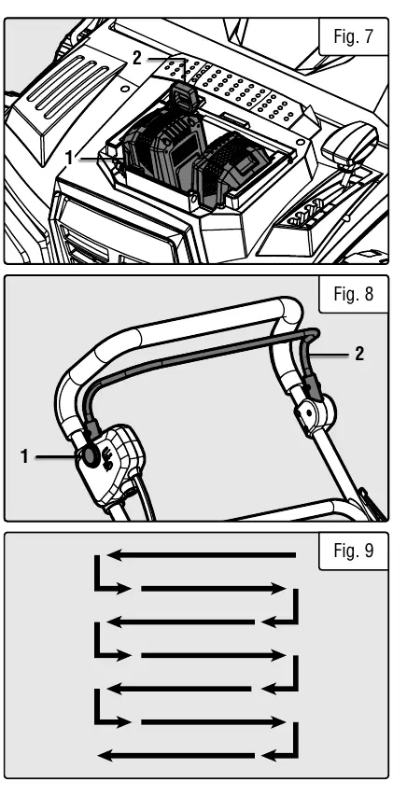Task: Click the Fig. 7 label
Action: click(x=353, y=36)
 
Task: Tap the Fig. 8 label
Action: click(x=353, y=294)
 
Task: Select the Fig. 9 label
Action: click(x=353, y=551)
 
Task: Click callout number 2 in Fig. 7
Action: click(x=136, y=59)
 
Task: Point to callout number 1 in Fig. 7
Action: click(x=70, y=159)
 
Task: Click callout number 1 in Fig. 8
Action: click(x=24, y=457)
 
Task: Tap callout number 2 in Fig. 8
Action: click(x=359, y=354)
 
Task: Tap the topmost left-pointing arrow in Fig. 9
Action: click(x=202, y=555)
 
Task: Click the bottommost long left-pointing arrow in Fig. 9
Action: click(x=175, y=755)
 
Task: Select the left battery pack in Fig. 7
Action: click(x=163, y=148)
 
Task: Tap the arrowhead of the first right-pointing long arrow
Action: click(x=279, y=589)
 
